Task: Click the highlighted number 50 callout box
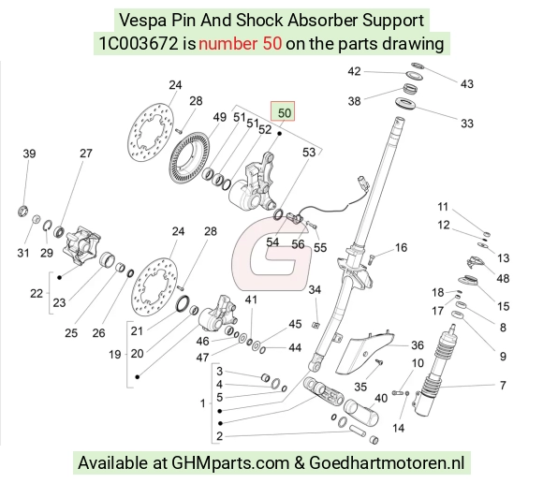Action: click(x=283, y=111)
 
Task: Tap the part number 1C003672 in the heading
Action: click(x=139, y=44)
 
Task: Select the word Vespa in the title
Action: click(x=143, y=21)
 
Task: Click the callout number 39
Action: click(x=29, y=154)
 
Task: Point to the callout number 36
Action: click(x=418, y=344)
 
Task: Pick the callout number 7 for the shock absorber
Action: click(x=503, y=385)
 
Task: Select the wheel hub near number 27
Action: click(x=81, y=245)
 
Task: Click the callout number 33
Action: click(x=467, y=124)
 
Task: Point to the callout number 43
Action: click(x=467, y=84)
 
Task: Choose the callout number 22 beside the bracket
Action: click(x=37, y=293)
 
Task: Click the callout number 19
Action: click(x=114, y=354)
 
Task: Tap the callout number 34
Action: click(x=315, y=289)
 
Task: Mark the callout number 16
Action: click(x=401, y=247)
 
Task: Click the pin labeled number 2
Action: click(x=357, y=431)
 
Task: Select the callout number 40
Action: click(x=381, y=398)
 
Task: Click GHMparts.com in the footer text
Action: click(x=230, y=463)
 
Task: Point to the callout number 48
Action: click(x=503, y=278)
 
